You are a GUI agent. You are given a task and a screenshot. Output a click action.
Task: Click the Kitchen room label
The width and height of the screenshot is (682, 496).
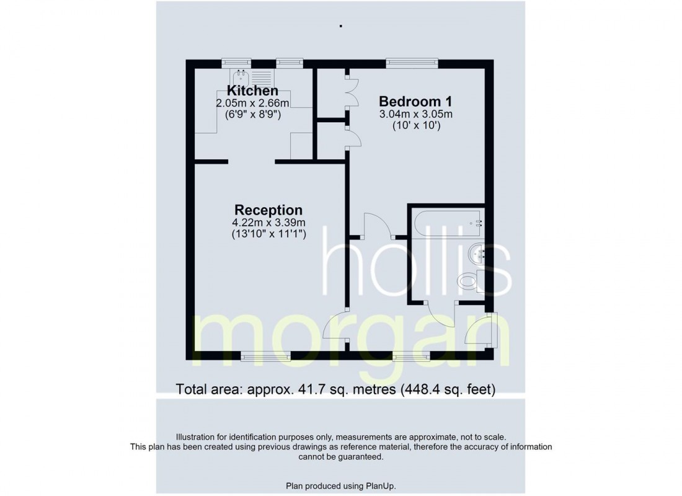[x=252, y=91]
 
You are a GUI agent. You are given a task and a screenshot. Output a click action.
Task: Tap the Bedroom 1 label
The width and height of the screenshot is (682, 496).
[x=415, y=101]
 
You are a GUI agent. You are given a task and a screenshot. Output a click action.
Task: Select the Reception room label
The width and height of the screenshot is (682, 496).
[x=268, y=210]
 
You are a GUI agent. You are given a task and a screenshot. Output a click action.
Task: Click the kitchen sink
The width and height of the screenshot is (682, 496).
[x=241, y=78]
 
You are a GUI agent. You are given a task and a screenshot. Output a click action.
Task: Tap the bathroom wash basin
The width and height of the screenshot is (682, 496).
[x=477, y=252]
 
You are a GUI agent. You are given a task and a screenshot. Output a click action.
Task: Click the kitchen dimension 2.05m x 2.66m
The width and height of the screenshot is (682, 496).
[x=252, y=103]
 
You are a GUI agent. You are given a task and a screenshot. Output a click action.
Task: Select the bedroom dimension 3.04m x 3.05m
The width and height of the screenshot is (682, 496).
[x=415, y=114]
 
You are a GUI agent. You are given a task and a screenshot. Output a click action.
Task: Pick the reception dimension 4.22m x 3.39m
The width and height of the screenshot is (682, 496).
[x=268, y=222]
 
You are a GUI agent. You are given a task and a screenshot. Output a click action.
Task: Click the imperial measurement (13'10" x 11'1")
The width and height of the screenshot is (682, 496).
[x=268, y=234]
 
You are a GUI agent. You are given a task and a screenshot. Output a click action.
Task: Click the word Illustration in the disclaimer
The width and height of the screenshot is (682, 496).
[x=197, y=437]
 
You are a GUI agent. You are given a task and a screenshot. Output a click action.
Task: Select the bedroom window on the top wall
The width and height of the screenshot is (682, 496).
[x=412, y=62]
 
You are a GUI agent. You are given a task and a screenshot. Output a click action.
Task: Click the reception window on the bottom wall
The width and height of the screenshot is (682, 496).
[x=265, y=355]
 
